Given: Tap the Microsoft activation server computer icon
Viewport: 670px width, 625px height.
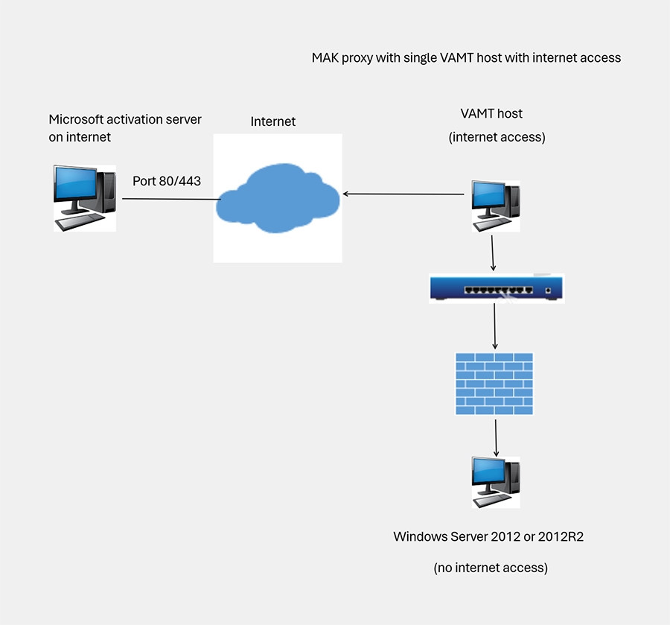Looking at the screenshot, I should [x=84, y=197].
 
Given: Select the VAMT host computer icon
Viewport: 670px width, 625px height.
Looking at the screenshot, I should [x=495, y=202].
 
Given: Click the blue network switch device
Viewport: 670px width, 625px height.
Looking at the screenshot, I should [x=497, y=288].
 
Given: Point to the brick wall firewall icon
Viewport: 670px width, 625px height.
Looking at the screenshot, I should [x=494, y=383].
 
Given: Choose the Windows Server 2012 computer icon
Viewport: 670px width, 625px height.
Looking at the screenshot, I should [x=495, y=482].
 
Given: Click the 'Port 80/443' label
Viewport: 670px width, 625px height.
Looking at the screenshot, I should [x=167, y=181].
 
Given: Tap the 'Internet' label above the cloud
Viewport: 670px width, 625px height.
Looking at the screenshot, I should [x=272, y=121].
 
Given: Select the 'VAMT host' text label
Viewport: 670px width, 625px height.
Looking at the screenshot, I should [x=491, y=114].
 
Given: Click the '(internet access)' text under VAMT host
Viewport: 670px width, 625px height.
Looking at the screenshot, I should [x=497, y=138].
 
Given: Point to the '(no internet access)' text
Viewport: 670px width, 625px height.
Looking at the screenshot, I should [x=491, y=568].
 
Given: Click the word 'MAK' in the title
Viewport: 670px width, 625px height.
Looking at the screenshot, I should [x=327, y=57].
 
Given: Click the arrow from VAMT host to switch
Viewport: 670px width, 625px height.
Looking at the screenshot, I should [x=492, y=254].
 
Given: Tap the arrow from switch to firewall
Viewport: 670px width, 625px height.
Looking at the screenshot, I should [x=495, y=326].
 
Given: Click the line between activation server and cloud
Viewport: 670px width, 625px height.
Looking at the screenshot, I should [x=171, y=199].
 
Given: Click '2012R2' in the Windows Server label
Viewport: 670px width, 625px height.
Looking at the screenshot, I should [x=564, y=536].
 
